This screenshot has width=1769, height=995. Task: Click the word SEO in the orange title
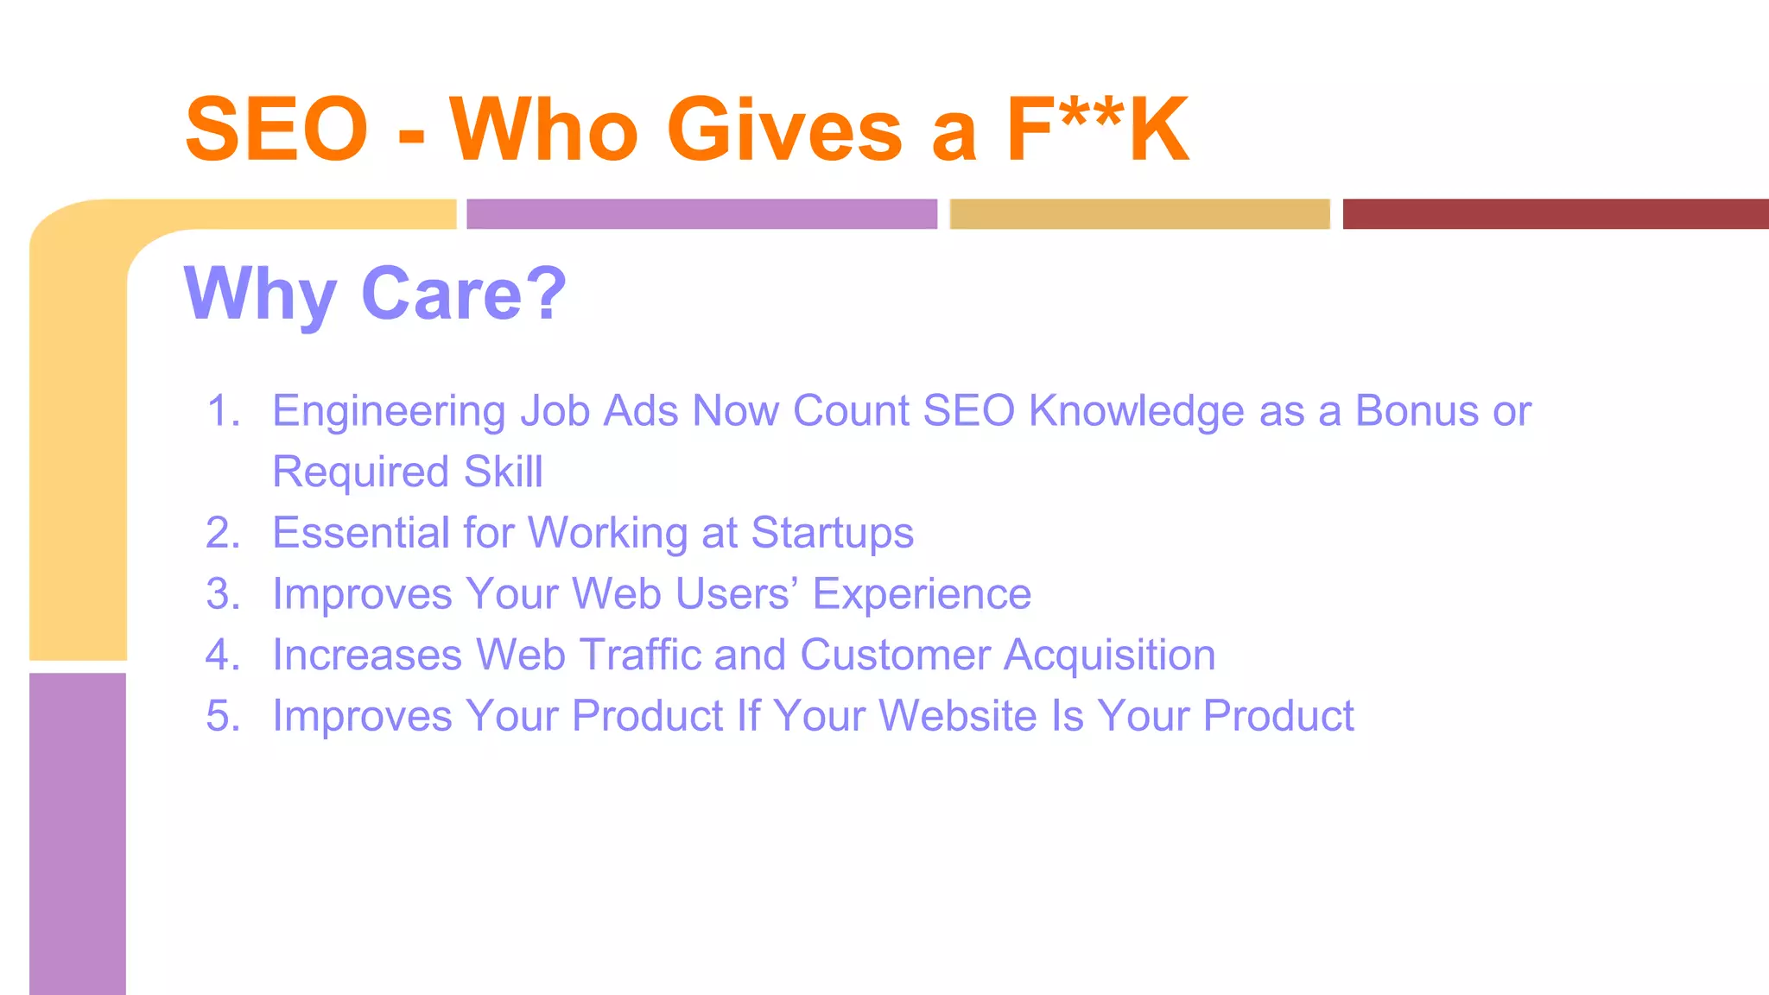click(x=276, y=130)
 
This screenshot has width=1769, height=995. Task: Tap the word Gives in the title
click(x=784, y=130)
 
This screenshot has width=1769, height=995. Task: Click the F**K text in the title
click(x=1098, y=130)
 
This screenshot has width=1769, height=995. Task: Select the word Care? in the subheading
click(x=464, y=294)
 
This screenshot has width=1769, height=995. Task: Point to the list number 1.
click(x=223, y=410)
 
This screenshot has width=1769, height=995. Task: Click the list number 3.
click(x=223, y=594)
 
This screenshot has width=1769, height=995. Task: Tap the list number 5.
click(x=223, y=716)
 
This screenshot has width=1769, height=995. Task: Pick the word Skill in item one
click(x=503, y=472)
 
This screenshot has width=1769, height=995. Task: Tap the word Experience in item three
click(x=922, y=595)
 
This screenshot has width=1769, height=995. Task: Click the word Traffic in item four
click(x=640, y=655)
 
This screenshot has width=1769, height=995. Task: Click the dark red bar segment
click(x=1555, y=213)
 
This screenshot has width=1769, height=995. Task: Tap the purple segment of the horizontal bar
click(x=701, y=213)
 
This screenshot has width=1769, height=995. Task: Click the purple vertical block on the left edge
click(x=78, y=833)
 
